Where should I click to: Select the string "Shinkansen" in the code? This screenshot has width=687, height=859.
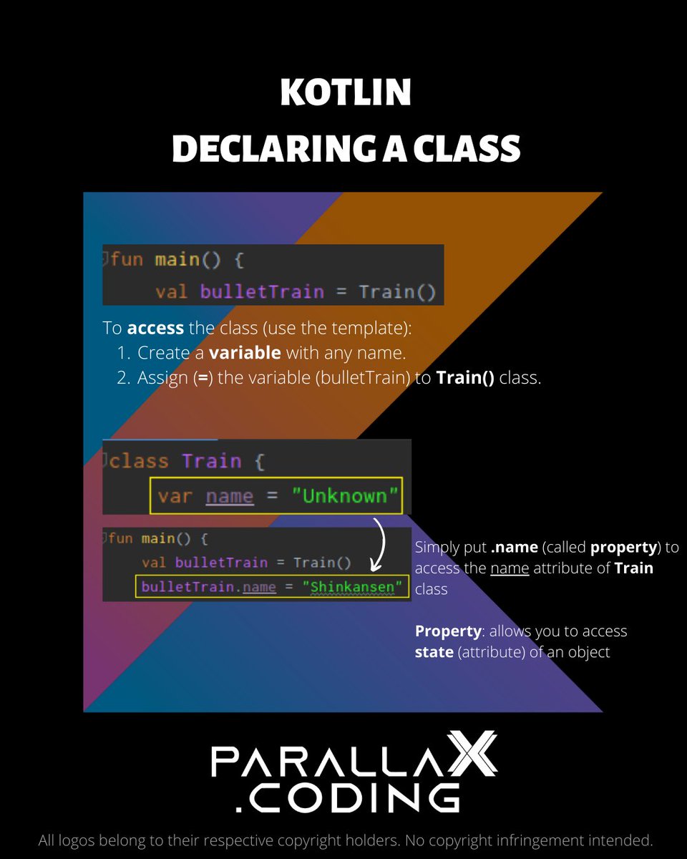[x=353, y=587]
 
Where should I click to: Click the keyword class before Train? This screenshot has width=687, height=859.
[x=140, y=461]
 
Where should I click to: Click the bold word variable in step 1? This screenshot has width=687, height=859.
[x=245, y=353]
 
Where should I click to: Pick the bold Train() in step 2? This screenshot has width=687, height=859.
[x=465, y=378]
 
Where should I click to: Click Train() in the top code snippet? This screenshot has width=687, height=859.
[x=397, y=292]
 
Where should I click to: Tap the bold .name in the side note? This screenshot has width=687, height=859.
[x=514, y=548]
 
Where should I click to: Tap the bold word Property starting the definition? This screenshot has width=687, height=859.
[x=447, y=631]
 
